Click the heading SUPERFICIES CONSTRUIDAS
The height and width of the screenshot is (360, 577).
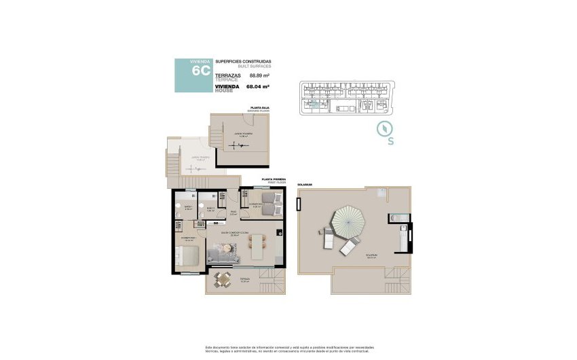pyautogui.click(x=243, y=62)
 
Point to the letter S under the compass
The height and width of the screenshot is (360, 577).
pyautogui.click(x=390, y=142)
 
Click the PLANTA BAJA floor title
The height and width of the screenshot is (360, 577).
pyautogui.click(x=261, y=107)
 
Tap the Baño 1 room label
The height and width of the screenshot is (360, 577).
pyautogui.click(x=188, y=207)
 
